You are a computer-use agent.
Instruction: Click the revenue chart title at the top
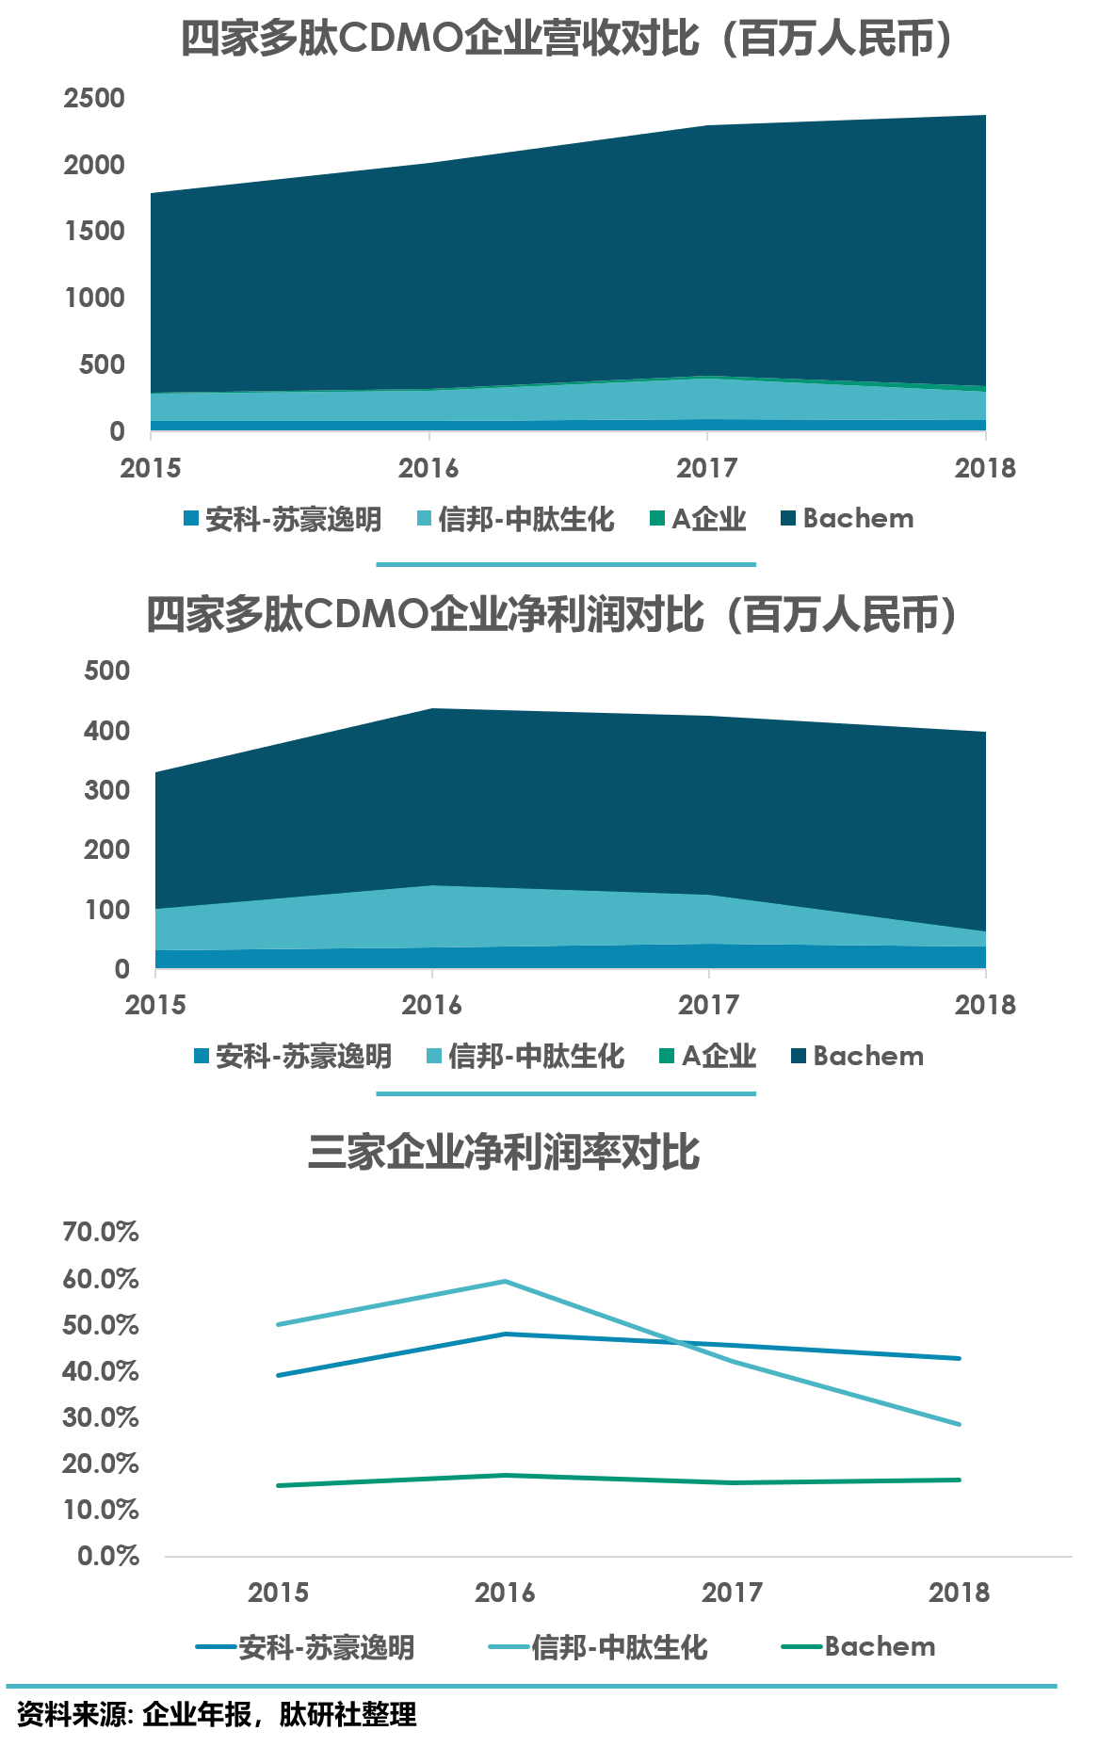565,40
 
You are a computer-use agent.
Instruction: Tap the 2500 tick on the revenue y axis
94,98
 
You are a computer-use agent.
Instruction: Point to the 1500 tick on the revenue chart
94,231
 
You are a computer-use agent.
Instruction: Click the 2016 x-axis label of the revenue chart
428,468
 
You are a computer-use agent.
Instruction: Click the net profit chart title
551,615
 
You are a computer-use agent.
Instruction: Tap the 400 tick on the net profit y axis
106,731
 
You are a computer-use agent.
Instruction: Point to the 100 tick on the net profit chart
106,910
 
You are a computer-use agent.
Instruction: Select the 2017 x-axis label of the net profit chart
708,1005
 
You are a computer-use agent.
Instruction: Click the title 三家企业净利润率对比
504,1152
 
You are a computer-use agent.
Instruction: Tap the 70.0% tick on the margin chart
101,1232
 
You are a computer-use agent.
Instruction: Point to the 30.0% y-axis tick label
101,1417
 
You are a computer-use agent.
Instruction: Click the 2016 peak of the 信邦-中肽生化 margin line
506,1281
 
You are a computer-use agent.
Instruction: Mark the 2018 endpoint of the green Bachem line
960,1480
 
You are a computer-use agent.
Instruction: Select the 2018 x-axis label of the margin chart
959,1593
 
